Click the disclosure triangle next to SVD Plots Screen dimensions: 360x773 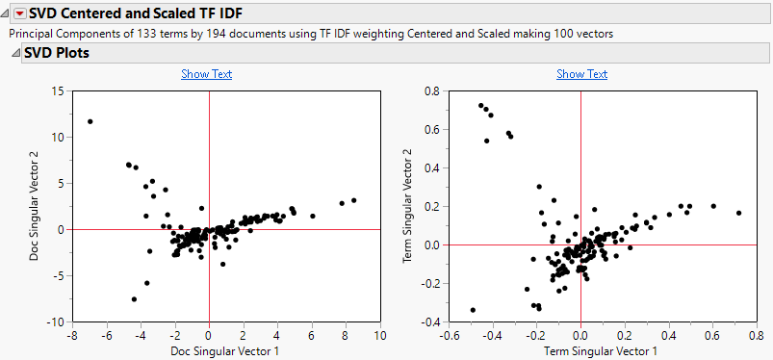(x=13, y=53)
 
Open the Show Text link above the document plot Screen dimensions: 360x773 (x=206, y=74)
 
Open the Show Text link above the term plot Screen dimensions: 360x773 (x=581, y=74)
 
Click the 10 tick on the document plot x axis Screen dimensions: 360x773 (x=379, y=335)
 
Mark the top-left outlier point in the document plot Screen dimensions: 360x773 (x=90, y=121)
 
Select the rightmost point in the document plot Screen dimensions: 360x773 (x=354, y=200)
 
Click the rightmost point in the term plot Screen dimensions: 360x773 (x=738, y=213)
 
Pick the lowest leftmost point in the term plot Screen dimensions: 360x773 (x=473, y=310)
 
